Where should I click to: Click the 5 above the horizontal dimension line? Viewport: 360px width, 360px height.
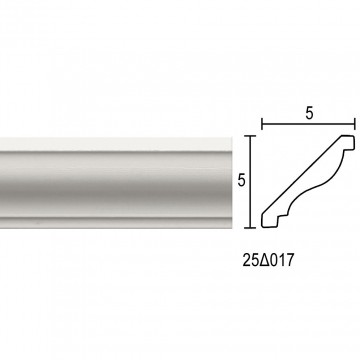[309, 114]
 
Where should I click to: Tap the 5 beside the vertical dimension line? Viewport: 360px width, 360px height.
[242, 180]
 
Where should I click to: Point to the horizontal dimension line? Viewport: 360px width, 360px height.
[308, 124]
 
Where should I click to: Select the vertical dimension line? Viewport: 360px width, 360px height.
[250, 182]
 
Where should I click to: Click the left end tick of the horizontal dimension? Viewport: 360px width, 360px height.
[262, 124]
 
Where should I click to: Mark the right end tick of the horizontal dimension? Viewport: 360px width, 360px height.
[355, 124]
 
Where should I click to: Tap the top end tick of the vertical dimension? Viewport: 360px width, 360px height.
[250, 136]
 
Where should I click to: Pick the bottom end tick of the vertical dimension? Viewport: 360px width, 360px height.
[250, 228]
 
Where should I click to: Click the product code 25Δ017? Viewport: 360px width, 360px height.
[269, 261]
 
